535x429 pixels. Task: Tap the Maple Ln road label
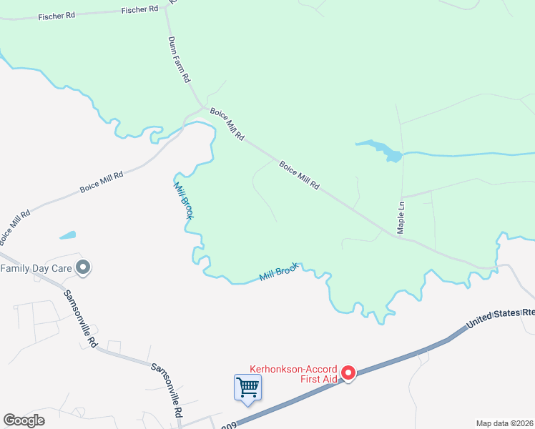click(x=401, y=213)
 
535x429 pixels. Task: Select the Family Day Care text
click(x=36, y=269)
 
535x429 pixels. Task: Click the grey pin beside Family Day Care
click(x=84, y=268)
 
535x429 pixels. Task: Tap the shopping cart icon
click(x=247, y=388)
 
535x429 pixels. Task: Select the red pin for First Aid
click(x=348, y=373)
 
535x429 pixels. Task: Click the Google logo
click(x=24, y=420)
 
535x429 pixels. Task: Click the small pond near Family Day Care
click(x=67, y=235)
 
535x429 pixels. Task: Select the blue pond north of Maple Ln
click(x=383, y=149)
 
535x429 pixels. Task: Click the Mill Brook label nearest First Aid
click(x=278, y=272)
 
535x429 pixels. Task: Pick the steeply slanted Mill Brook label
click(x=183, y=199)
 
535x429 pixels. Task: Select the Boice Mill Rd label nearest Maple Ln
click(x=299, y=175)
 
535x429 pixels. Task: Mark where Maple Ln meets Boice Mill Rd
click(x=400, y=237)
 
